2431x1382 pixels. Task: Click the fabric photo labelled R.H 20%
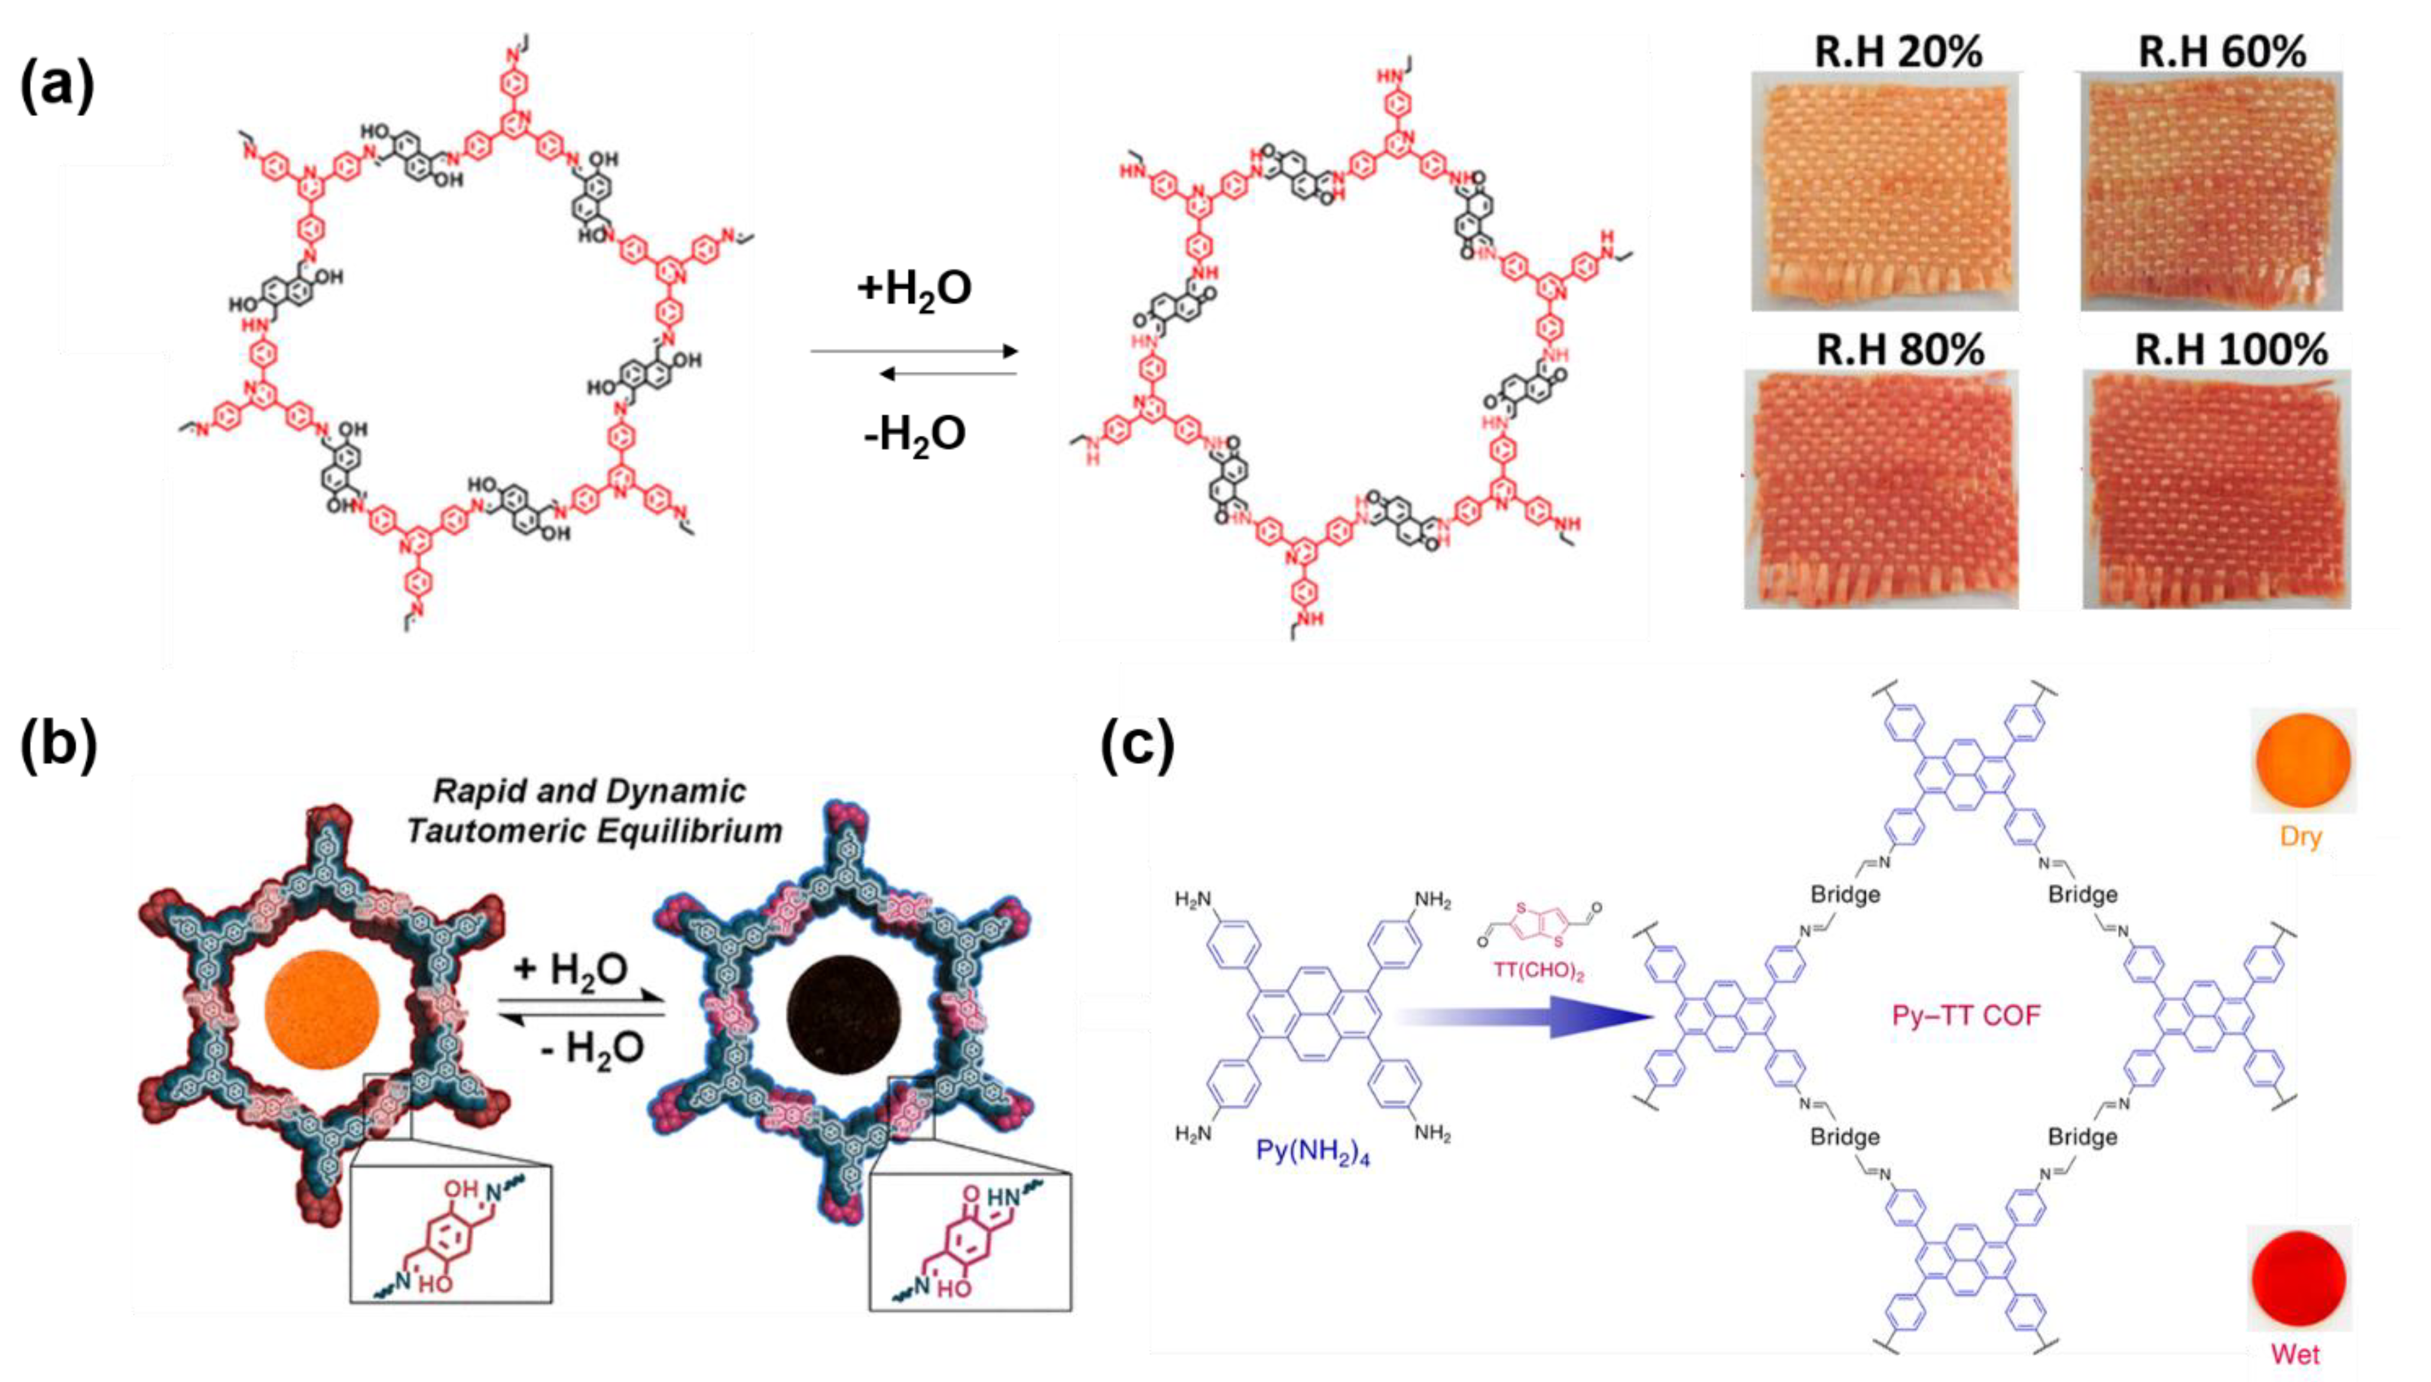click(x=1884, y=190)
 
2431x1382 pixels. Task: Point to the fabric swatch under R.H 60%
click(x=2211, y=190)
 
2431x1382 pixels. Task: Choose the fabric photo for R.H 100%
click(x=2216, y=489)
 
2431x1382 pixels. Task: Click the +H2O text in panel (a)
click(x=914, y=288)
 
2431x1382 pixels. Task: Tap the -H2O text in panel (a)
click(x=914, y=435)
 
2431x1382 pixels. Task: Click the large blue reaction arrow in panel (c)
click(x=1528, y=1016)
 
